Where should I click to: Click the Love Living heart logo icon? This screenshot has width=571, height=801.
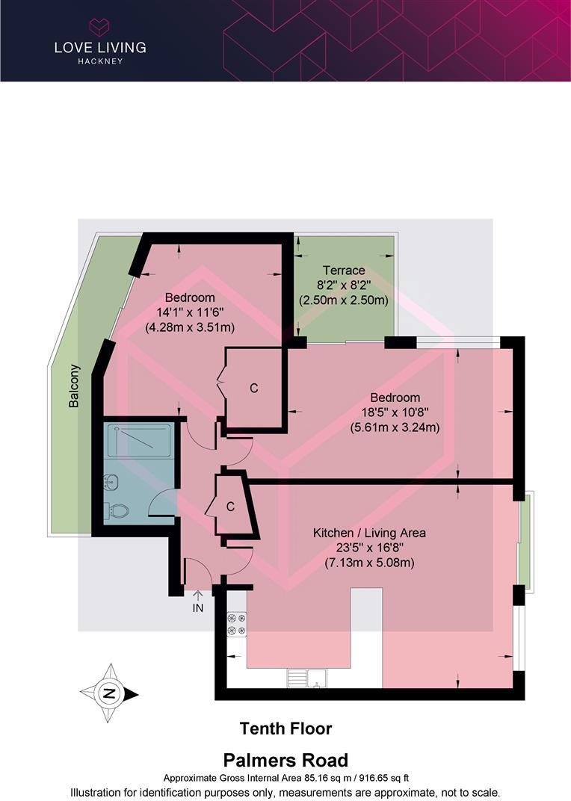[x=99, y=28]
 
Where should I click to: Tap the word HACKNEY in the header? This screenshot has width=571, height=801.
[x=99, y=61]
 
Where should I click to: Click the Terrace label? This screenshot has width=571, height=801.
[x=344, y=270]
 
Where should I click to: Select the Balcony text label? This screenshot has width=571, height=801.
[x=74, y=386]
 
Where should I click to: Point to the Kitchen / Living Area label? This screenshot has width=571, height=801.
[x=369, y=533]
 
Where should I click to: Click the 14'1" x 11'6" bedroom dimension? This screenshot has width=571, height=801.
[x=190, y=312]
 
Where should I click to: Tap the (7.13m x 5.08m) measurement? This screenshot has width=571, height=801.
[x=369, y=563]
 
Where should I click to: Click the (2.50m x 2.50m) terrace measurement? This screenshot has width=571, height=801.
[x=344, y=300]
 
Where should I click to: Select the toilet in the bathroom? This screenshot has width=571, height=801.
[x=117, y=510]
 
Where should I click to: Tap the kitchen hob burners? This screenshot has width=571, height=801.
[x=237, y=625]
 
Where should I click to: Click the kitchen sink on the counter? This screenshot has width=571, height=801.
[x=307, y=678]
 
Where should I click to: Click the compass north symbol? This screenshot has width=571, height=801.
[x=110, y=693]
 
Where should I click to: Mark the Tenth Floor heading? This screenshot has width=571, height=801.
[x=285, y=728]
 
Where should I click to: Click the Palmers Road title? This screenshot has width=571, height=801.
[x=285, y=761]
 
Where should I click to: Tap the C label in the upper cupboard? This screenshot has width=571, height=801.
[x=254, y=388]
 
